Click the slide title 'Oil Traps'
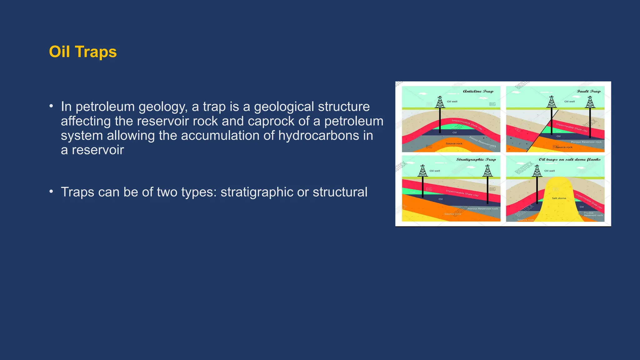(x=83, y=52)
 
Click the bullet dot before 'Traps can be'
(x=51, y=191)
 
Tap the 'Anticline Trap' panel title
(x=478, y=91)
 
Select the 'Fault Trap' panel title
(x=588, y=91)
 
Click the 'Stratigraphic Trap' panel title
(x=476, y=159)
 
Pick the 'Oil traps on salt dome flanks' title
(x=569, y=159)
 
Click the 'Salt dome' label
(x=559, y=198)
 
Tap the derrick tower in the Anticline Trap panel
(x=440, y=102)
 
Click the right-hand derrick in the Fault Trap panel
(x=590, y=102)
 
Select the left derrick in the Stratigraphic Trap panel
(x=423, y=171)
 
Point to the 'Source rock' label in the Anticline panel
(x=454, y=143)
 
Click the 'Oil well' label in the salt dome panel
(x=549, y=171)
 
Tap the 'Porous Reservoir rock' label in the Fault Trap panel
(x=586, y=142)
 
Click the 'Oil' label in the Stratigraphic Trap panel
(x=441, y=199)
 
